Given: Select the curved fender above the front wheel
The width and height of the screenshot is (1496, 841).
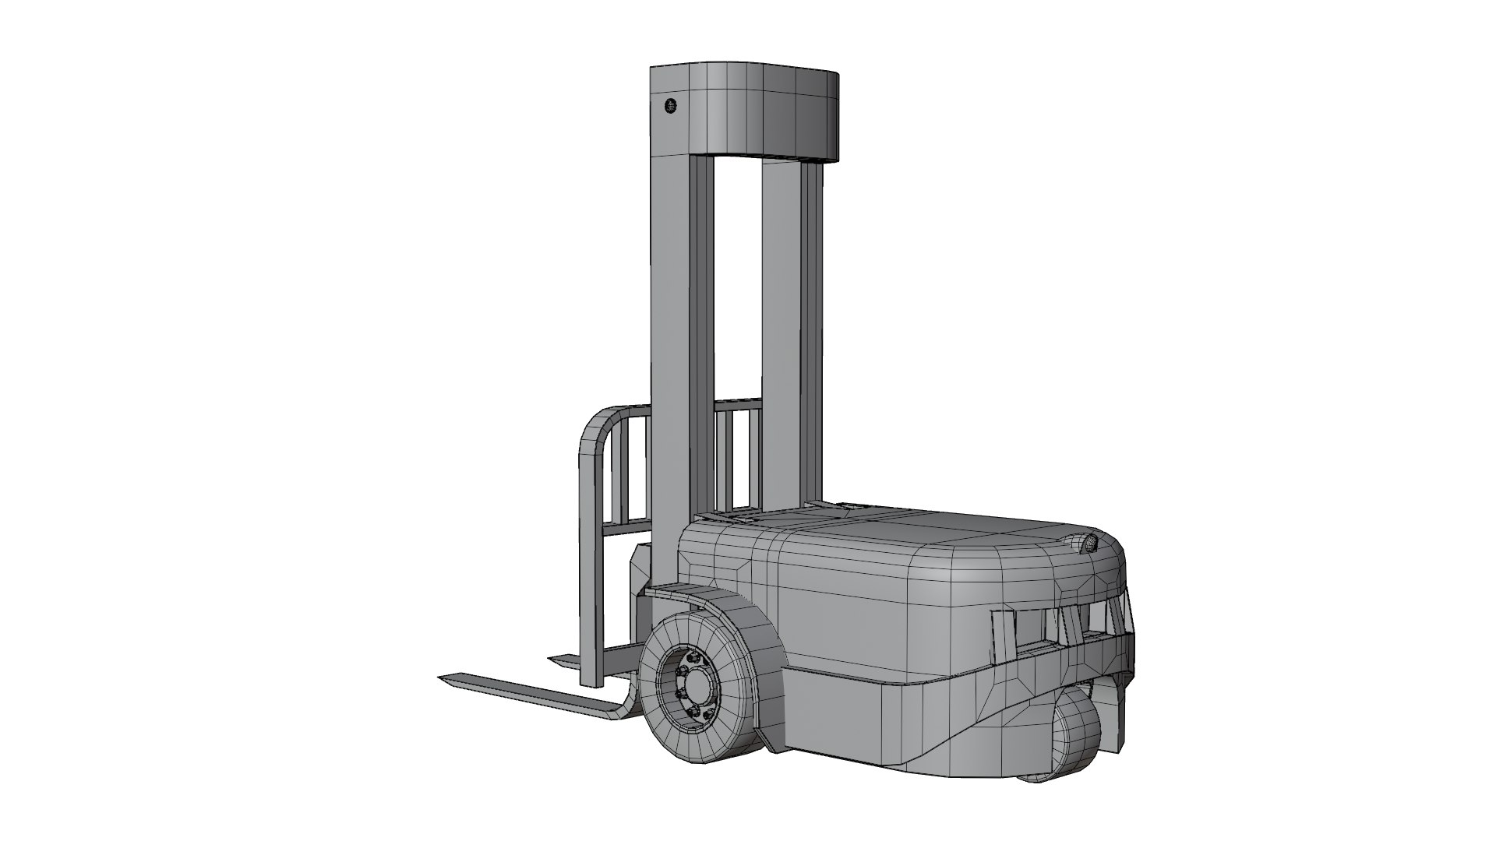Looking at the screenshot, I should coord(725,604).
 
